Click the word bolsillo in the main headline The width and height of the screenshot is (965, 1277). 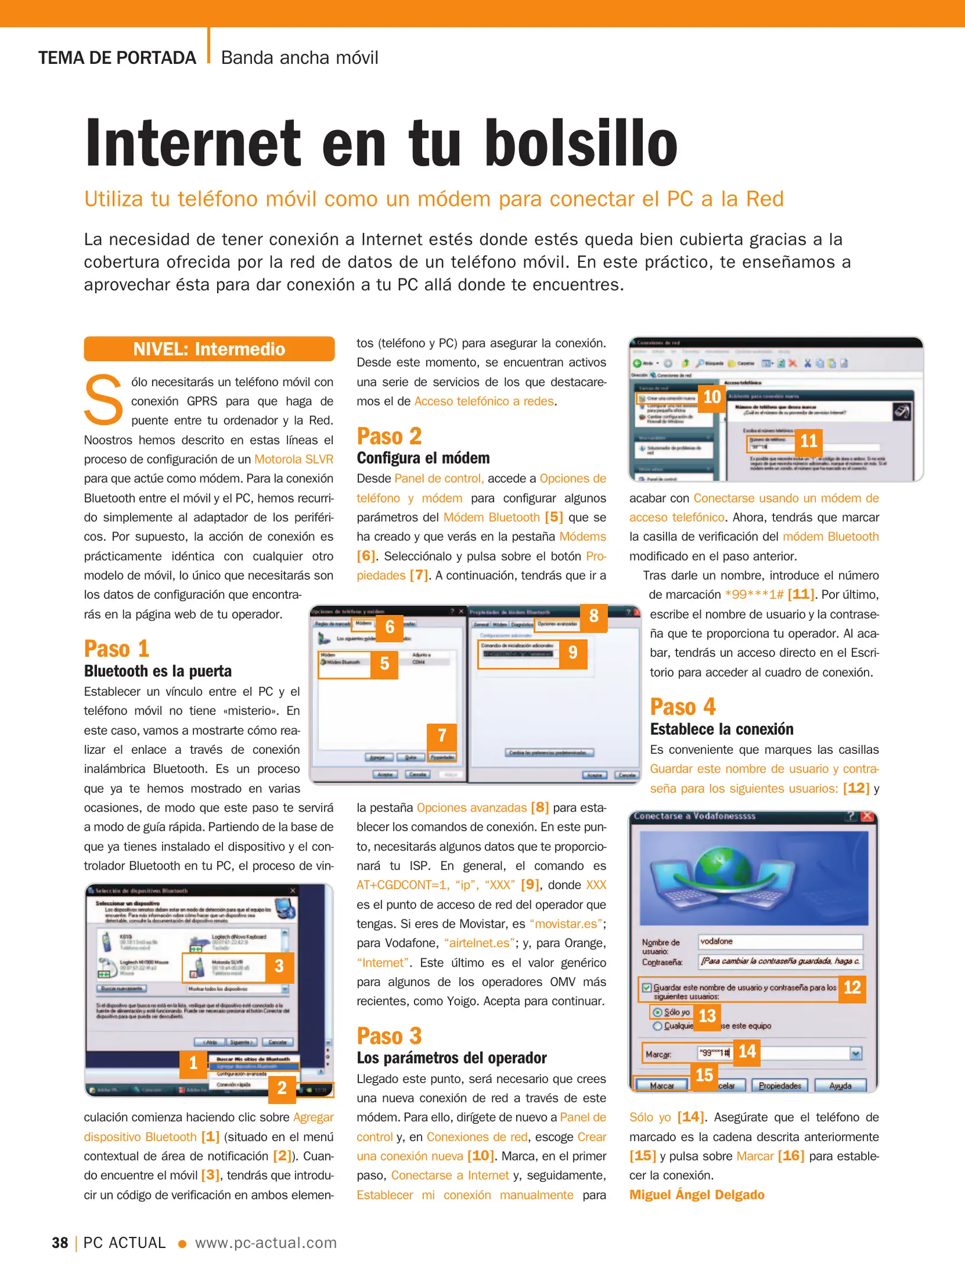point(581,143)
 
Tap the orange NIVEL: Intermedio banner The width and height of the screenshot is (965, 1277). point(209,349)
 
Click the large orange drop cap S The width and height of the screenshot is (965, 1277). point(103,400)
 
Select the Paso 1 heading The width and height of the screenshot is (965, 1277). point(116,649)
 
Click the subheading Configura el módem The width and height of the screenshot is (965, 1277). point(423,458)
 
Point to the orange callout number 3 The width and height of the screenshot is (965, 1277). point(279,966)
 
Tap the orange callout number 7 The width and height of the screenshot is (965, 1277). point(442,735)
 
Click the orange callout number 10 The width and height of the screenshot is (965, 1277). point(711,397)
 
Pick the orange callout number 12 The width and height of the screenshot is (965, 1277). point(851,987)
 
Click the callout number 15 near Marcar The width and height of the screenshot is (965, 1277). point(704,1075)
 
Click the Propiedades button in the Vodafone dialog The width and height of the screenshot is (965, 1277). point(779,1086)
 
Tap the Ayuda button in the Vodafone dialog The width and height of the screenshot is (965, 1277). point(840,1086)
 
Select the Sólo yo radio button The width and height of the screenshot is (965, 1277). point(657,1012)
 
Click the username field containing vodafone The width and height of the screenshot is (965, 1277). point(779,941)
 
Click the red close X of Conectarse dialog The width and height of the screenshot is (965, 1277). point(867,816)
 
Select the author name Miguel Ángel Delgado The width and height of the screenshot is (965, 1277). point(697,1195)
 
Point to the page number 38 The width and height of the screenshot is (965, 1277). point(60,1243)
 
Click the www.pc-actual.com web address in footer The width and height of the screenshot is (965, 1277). point(265,1243)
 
